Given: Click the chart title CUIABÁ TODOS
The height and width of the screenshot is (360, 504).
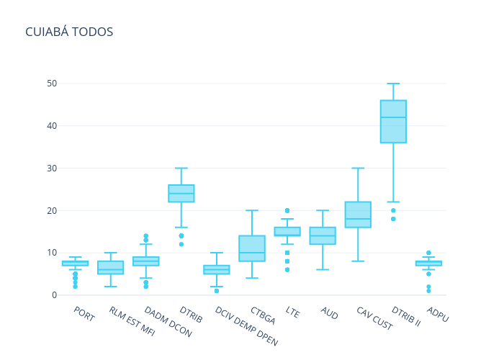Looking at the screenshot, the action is (69, 32).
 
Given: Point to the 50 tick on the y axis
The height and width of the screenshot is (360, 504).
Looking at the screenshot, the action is (52, 84).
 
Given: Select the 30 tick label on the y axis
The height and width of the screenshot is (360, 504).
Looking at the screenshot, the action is (52, 168).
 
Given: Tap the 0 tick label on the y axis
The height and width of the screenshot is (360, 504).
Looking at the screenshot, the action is (54, 295).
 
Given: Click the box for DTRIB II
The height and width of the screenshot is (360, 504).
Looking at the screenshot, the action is (393, 122).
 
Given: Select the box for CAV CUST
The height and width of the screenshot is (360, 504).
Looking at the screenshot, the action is (358, 215).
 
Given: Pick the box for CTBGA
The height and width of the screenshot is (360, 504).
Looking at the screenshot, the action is (252, 248).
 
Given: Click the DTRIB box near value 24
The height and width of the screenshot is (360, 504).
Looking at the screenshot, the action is (181, 194).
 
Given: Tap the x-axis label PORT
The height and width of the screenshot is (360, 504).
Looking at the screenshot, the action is (84, 314).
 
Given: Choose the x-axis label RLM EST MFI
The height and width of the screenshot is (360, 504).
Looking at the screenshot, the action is (132, 321).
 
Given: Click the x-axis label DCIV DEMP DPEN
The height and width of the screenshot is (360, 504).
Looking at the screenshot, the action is (246, 326).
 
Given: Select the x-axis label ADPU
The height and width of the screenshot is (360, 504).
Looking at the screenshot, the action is (438, 314).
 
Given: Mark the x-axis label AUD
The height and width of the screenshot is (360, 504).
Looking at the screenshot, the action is (330, 312).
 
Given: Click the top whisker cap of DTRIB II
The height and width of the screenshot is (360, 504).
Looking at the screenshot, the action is (393, 84).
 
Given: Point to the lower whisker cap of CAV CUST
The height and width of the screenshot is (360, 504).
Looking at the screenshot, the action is (358, 261).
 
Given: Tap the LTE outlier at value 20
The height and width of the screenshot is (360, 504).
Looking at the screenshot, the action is (287, 210).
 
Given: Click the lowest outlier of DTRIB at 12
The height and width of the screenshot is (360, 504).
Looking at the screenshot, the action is (181, 244).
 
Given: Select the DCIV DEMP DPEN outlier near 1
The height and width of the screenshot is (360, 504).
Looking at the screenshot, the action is (217, 291).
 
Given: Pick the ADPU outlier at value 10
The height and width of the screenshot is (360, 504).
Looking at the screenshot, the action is (429, 253).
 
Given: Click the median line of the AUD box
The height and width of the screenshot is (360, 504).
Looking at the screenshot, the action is (323, 236).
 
